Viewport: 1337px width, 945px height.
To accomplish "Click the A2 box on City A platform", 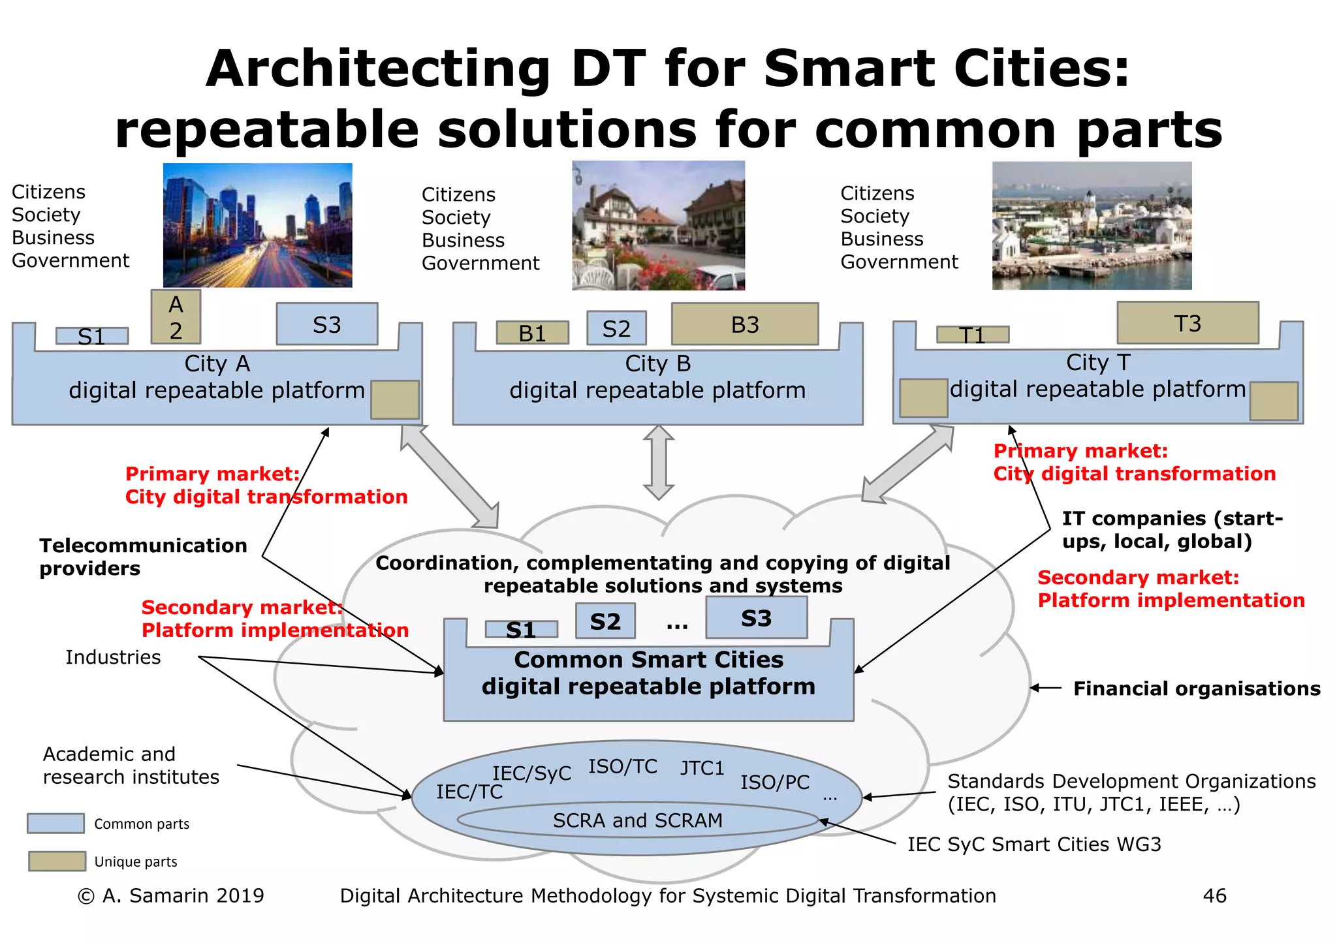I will click(176, 317).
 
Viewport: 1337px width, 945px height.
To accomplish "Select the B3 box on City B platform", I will click(745, 324).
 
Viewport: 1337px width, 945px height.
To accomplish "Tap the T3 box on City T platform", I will click(1188, 323).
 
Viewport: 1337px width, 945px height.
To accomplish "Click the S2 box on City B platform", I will click(616, 328).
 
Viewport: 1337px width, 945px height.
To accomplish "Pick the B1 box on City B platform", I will click(532, 333).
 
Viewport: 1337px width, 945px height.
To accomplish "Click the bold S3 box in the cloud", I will click(756, 618).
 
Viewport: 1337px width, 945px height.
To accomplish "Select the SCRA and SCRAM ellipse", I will click(638, 820).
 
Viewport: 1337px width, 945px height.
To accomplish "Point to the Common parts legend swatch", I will click(55, 824).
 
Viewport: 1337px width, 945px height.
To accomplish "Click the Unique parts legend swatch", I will click(57, 861).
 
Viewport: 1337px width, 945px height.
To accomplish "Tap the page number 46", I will click(1214, 896).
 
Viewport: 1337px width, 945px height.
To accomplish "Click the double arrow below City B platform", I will click(658, 462).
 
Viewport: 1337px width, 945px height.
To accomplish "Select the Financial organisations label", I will click(1197, 689).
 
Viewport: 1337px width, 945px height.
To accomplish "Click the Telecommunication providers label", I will click(143, 557).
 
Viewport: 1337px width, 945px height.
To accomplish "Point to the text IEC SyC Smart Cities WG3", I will click(1034, 844).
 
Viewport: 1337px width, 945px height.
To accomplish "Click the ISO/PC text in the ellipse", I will click(774, 782).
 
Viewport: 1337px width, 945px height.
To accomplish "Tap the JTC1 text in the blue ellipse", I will click(702, 768).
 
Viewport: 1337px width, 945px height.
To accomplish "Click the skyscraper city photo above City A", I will click(257, 225).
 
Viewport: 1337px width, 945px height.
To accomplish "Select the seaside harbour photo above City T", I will click(1092, 226).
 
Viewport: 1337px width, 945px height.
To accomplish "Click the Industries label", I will click(113, 657).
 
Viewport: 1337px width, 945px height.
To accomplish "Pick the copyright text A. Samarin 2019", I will click(171, 896).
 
